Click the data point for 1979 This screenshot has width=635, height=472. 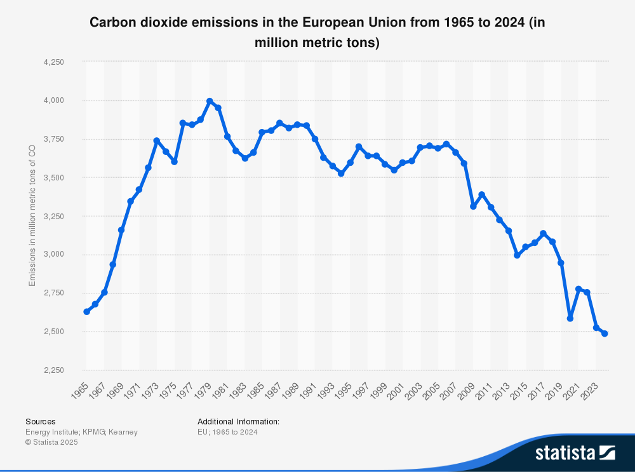pyautogui.click(x=210, y=101)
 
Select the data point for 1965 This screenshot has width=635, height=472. pyautogui.click(x=86, y=312)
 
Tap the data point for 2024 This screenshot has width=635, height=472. pyautogui.click(x=605, y=334)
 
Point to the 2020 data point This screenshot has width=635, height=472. pyautogui.click(x=570, y=318)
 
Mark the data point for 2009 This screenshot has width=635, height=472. pyautogui.click(x=473, y=206)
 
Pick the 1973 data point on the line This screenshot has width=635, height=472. pyautogui.click(x=157, y=140)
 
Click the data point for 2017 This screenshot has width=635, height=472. pyautogui.click(x=543, y=233)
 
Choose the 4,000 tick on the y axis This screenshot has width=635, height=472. pyautogui.click(x=54, y=100)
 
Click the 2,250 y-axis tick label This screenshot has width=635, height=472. pyautogui.click(x=54, y=370)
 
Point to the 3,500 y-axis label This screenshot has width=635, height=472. pyautogui.click(x=54, y=178)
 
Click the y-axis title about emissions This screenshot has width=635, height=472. pyautogui.click(x=32, y=216)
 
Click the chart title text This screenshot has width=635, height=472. pyautogui.click(x=317, y=32)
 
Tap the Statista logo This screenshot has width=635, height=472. pyautogui.click(x=575, y=452)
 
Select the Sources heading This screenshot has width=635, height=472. pyautogui.click(x=40, y=421)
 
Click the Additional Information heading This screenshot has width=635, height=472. pyautogui.click(x=238, y=421)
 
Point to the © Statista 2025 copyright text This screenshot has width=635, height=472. pyautogui.click(x=51, y=442)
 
